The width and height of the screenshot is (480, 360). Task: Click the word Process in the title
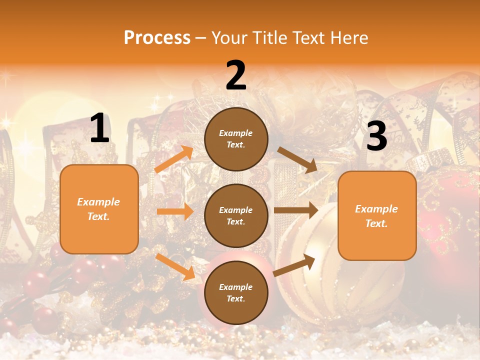click(157, 38)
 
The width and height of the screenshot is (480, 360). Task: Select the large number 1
click(99, 128)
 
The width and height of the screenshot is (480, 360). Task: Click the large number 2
click(236, 75)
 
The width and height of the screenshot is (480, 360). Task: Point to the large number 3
click(376, 136)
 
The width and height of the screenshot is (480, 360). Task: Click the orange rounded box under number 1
click(99, 209)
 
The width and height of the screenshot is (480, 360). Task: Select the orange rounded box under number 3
click(377, 215)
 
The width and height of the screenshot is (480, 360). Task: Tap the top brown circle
click(236, 139)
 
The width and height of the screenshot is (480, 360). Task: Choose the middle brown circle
click(236, 215)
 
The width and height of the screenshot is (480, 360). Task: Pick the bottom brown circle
click(236, 292)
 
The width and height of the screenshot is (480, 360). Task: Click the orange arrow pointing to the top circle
click(174, 159)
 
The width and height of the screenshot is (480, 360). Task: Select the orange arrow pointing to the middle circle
click(175, 211)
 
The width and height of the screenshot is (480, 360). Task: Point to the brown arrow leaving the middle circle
click(296, 210)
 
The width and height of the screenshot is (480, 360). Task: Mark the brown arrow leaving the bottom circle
click(294, 265)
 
